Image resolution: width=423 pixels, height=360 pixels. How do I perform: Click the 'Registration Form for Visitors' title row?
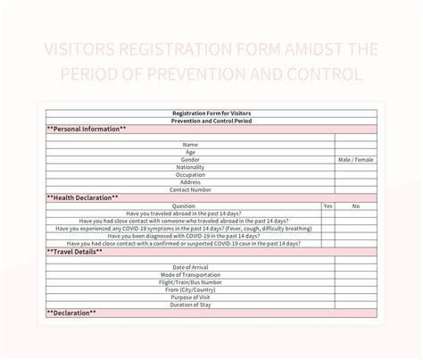pos(211,113)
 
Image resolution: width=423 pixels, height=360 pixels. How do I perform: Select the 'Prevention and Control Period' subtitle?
pos(211,121)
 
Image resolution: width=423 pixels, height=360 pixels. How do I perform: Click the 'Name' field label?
pos(191,145)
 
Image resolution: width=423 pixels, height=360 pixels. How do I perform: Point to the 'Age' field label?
pos(191,152)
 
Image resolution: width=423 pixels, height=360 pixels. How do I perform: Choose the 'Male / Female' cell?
pos(356,159)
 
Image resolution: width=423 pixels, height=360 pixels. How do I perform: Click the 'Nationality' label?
pos(191,167)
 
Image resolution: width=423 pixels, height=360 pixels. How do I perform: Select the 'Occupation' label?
pos(191,174)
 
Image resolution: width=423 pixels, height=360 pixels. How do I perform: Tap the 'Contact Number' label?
pos(191,189)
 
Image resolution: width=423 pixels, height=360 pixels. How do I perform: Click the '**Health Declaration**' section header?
pos(82,197)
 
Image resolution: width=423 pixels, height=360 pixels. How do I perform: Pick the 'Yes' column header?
pos(328,205)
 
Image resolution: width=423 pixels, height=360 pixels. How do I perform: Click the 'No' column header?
pos(356,205)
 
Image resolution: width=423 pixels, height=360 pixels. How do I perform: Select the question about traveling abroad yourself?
pos(183,213)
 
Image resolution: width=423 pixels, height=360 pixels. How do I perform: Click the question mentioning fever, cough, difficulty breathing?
pos(183,228)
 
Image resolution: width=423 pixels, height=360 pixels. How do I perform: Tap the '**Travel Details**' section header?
pos(75,251)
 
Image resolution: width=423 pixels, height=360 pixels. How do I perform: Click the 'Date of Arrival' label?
pos(191,267)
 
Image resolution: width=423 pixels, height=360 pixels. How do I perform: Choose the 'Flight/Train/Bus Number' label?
pos(191,282)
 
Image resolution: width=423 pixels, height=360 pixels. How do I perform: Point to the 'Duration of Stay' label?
pos(191,305)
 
